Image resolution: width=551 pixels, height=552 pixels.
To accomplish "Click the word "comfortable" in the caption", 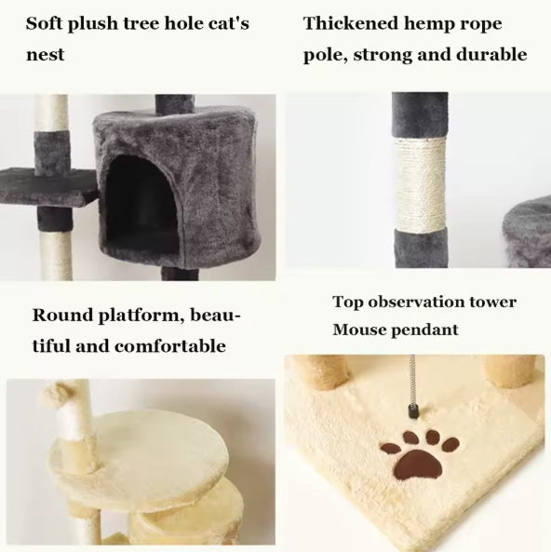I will (x=170, y=346).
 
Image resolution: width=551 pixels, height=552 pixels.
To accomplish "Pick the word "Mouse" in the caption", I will (x=361, y=330).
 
